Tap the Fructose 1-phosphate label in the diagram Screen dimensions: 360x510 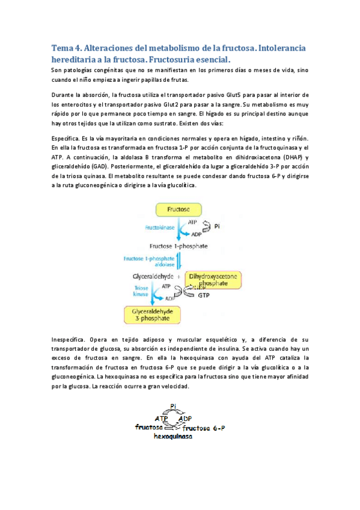(x=171, y=245)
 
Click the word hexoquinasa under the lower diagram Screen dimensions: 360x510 (x=173, y=437)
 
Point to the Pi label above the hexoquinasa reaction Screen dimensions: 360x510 (x=174, y=406)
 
